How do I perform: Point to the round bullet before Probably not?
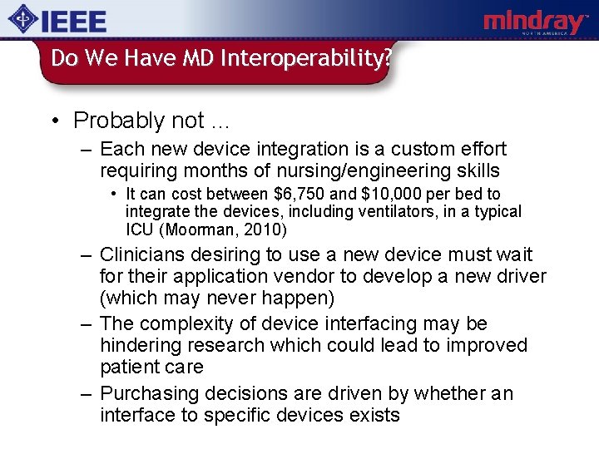(54, 121)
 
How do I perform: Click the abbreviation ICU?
(141, 230)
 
